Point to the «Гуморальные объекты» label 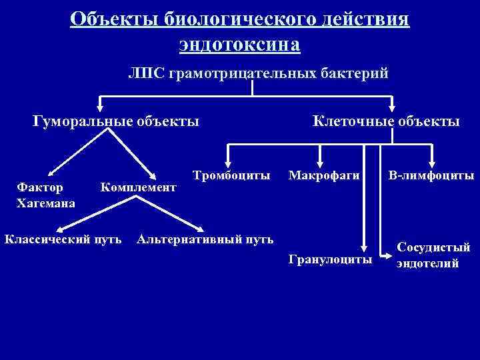tap(115, 121)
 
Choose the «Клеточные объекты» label tap(386, 121)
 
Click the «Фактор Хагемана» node tap(45, 195)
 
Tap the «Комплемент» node tap(138, 188)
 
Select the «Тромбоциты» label tap(231, 176)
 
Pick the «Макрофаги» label tap(325, 176)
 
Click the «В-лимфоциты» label tap(431, 176)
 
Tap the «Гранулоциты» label tap(331, 259)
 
